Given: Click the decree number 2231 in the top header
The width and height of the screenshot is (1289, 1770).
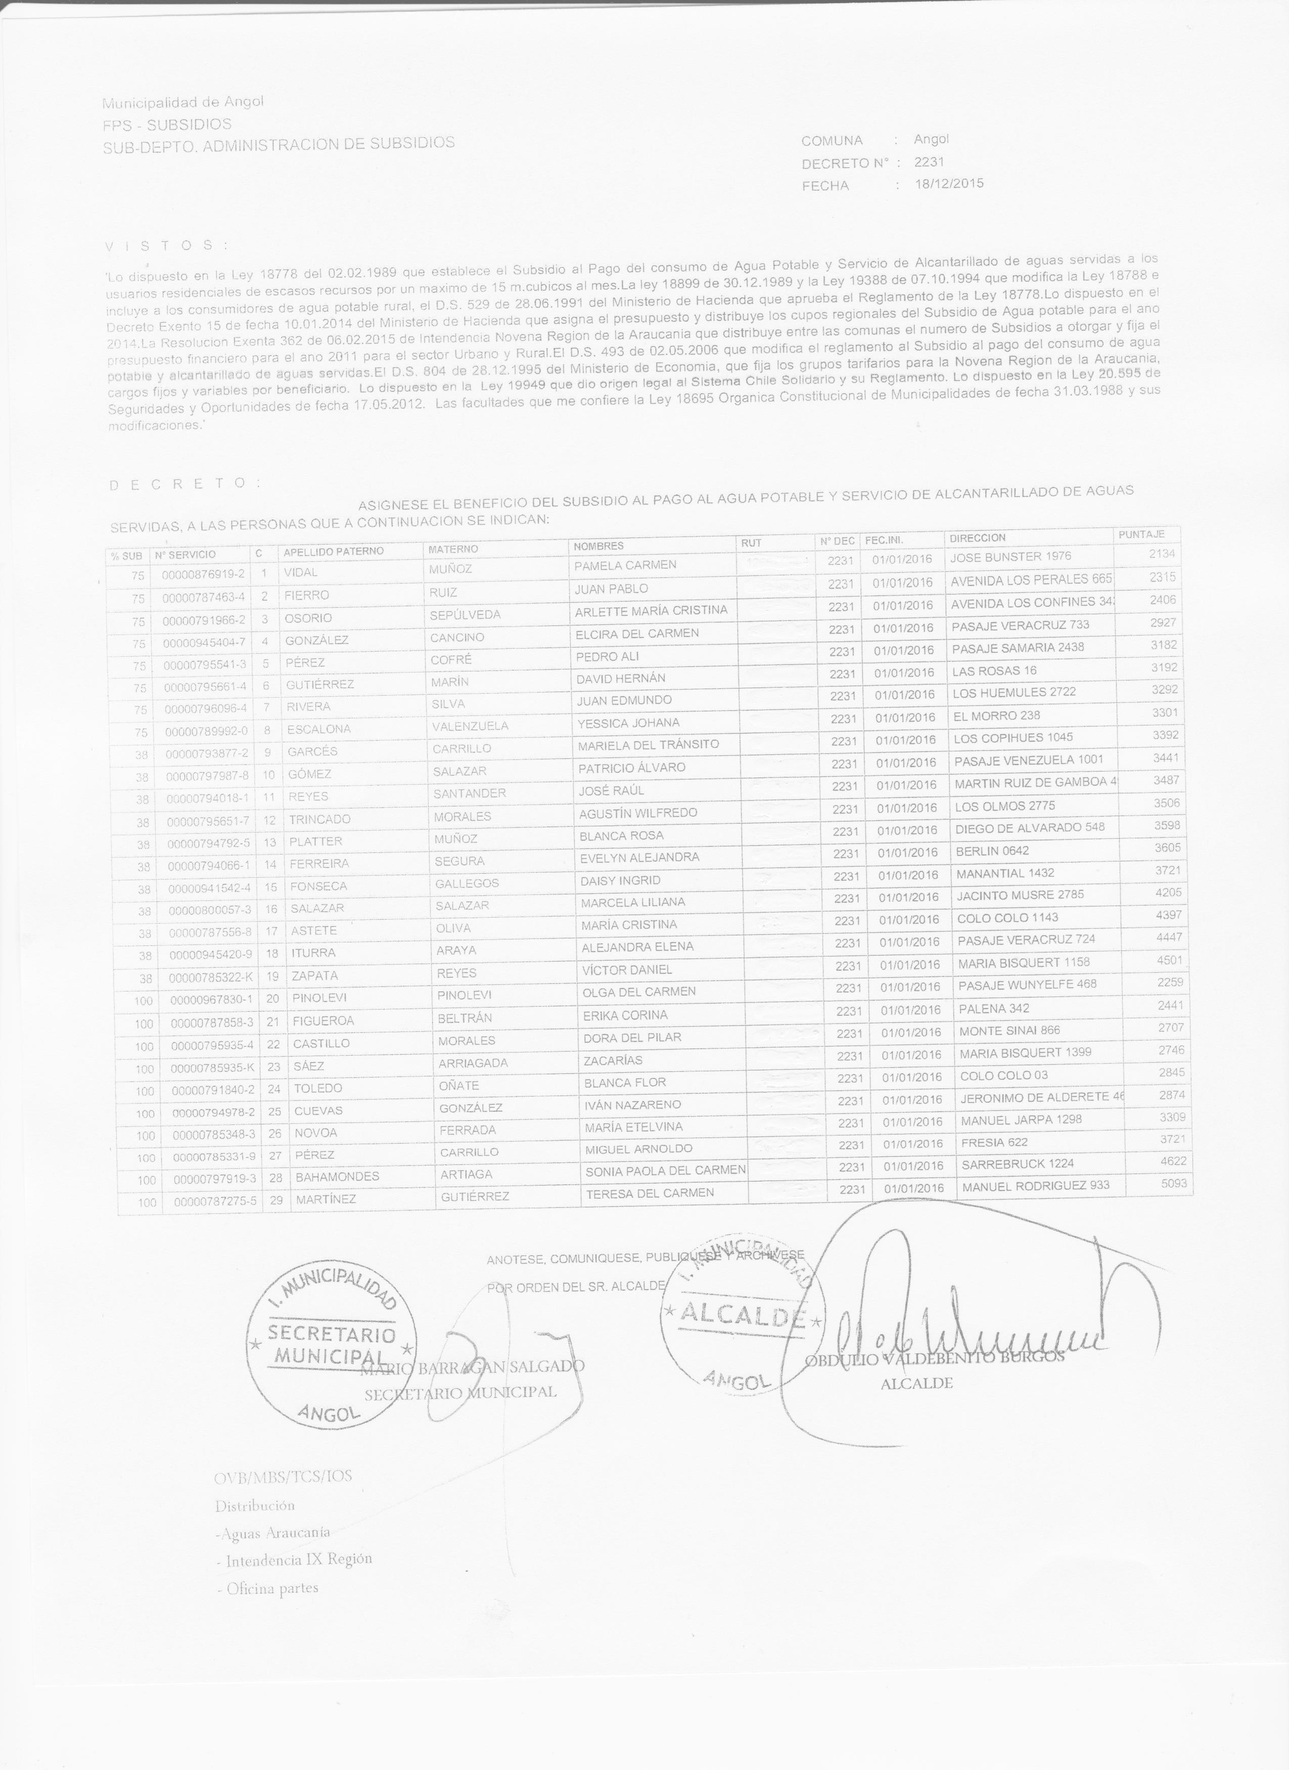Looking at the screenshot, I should click(x=929, y=162).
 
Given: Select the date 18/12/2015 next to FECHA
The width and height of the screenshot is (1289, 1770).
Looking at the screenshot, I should click(x=949, y=184).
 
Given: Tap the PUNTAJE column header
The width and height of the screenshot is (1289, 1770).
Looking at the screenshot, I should click(x=1141, y=534).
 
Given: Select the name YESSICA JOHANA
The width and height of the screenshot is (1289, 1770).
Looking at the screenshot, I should click(x=628, y=722).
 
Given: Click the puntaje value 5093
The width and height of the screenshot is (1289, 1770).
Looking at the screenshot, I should click(x=1174, y=1184).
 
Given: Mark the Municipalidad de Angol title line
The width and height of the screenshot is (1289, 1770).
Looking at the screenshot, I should click(x=183, y=102).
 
